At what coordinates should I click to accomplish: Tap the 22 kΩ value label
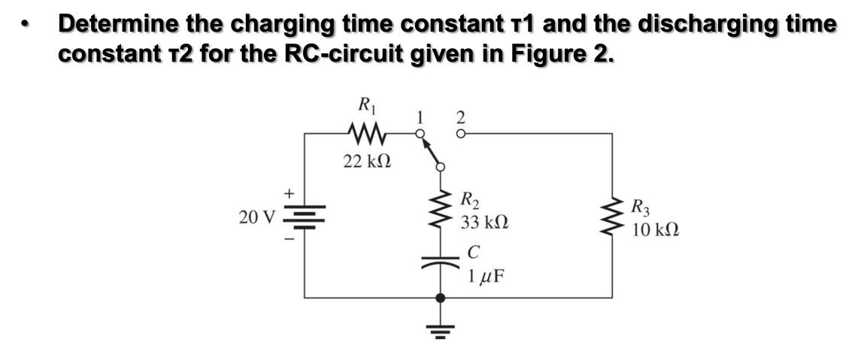[x=366, y=161]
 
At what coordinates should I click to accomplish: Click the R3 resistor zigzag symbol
[x=611, y=216]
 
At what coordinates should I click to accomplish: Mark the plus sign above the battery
[x=288, y=193]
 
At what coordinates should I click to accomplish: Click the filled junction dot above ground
[x=441, y=298]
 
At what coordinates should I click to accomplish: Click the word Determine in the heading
[x=120, y=24]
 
